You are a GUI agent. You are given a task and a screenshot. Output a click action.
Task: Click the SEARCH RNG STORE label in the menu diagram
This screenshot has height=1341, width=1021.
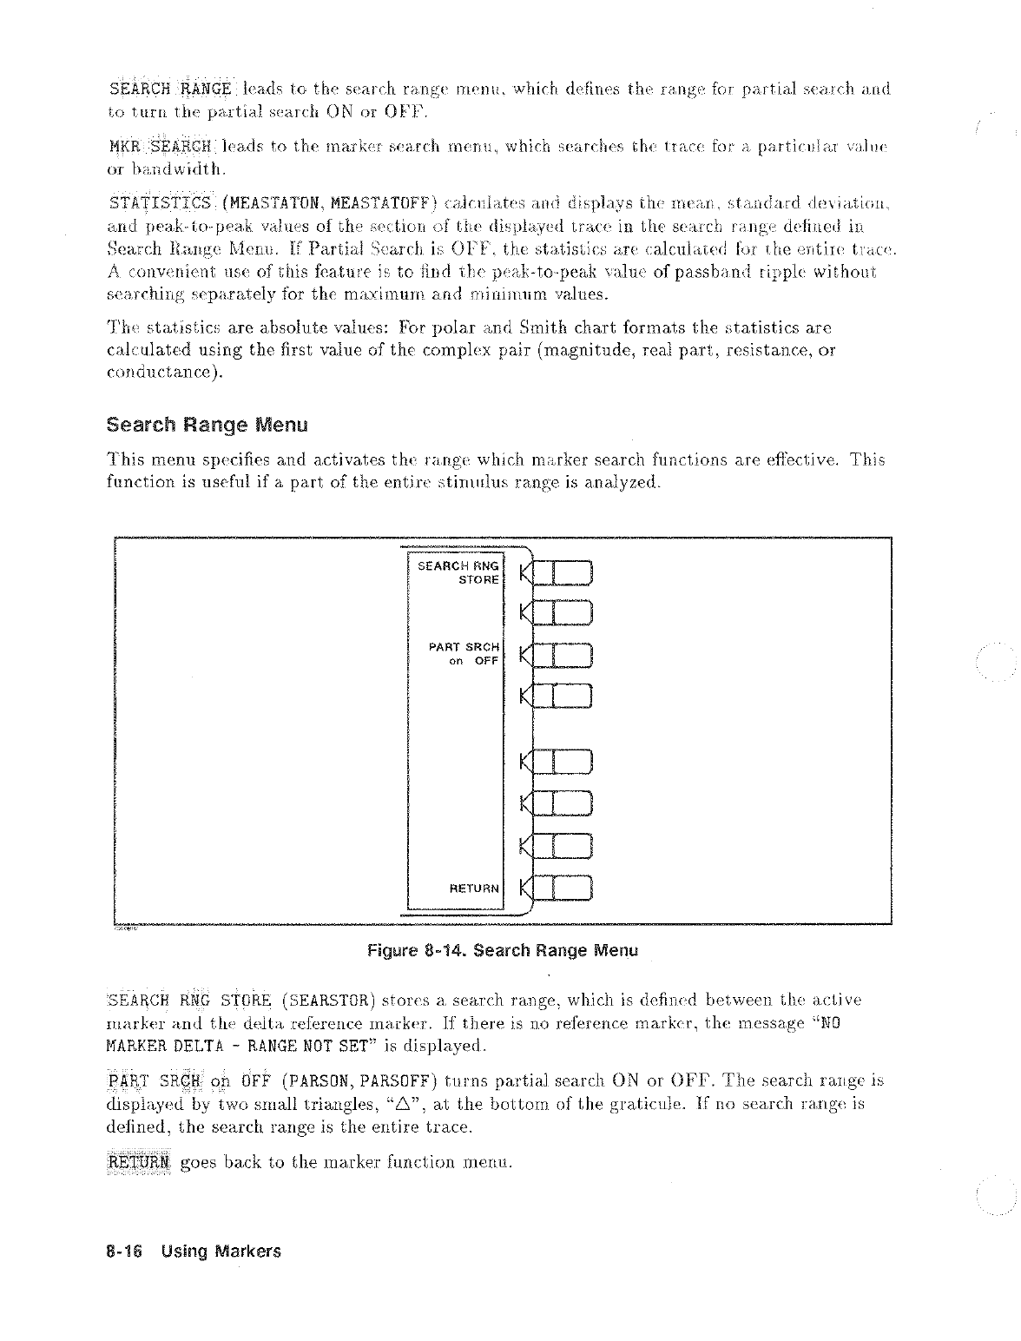pos(458,572)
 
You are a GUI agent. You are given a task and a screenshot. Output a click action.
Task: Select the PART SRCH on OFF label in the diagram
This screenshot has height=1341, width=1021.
pos(464,654)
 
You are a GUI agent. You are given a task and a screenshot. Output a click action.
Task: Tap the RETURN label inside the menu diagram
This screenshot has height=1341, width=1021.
pos(474,888)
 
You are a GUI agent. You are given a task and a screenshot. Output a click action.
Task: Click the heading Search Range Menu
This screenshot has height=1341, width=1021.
pos(207,426)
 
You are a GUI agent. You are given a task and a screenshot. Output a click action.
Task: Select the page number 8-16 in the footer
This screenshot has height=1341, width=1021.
pos(124,1252)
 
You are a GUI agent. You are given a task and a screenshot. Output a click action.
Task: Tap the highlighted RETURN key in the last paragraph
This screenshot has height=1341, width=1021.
pos(139,1162)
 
